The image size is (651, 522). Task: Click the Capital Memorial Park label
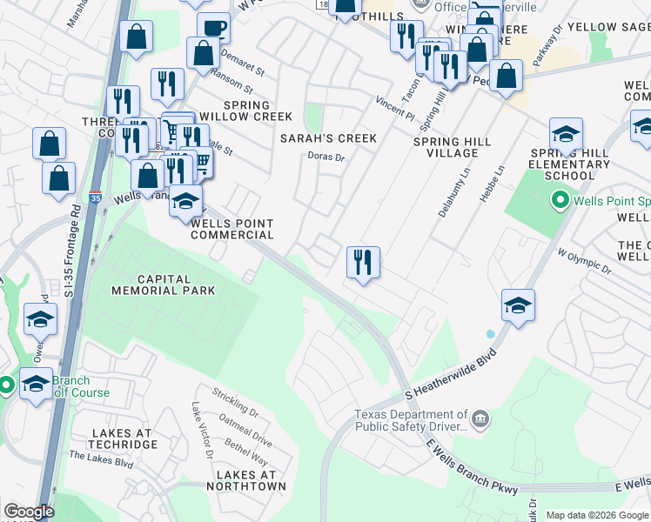pyautogui.click(x=151, y=285)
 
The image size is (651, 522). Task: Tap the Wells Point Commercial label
pyautogui.click(x=232, y=229)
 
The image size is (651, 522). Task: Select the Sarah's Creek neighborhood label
pyautogui.click(x=328, y=138)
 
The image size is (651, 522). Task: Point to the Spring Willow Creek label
pyautogui.click(x=245, y=110)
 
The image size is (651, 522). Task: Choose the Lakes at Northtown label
pyautogui.click(x=250, y=480)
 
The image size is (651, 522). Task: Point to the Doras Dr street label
pyautogui.click(x=327, y=157)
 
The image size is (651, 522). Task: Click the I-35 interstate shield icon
pyautogui.click(x=95, y=197)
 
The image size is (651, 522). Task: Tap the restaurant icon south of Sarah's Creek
pyautogui.click(x=363, y=261)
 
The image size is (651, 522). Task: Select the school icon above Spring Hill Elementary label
pyautogui.click(x=566, y=134)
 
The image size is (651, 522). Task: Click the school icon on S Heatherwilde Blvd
pyautogui.click(x=518, y=304)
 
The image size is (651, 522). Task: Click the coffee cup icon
pyautogui.click(x=213, y=27)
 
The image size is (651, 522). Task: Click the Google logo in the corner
pyautogui.click(x=29, y=512)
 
